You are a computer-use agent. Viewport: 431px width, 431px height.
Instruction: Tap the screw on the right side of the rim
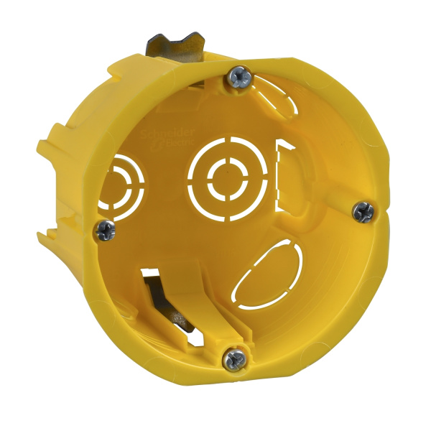coord(363,210)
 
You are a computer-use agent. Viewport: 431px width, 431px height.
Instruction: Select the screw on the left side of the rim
coord(105,229)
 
